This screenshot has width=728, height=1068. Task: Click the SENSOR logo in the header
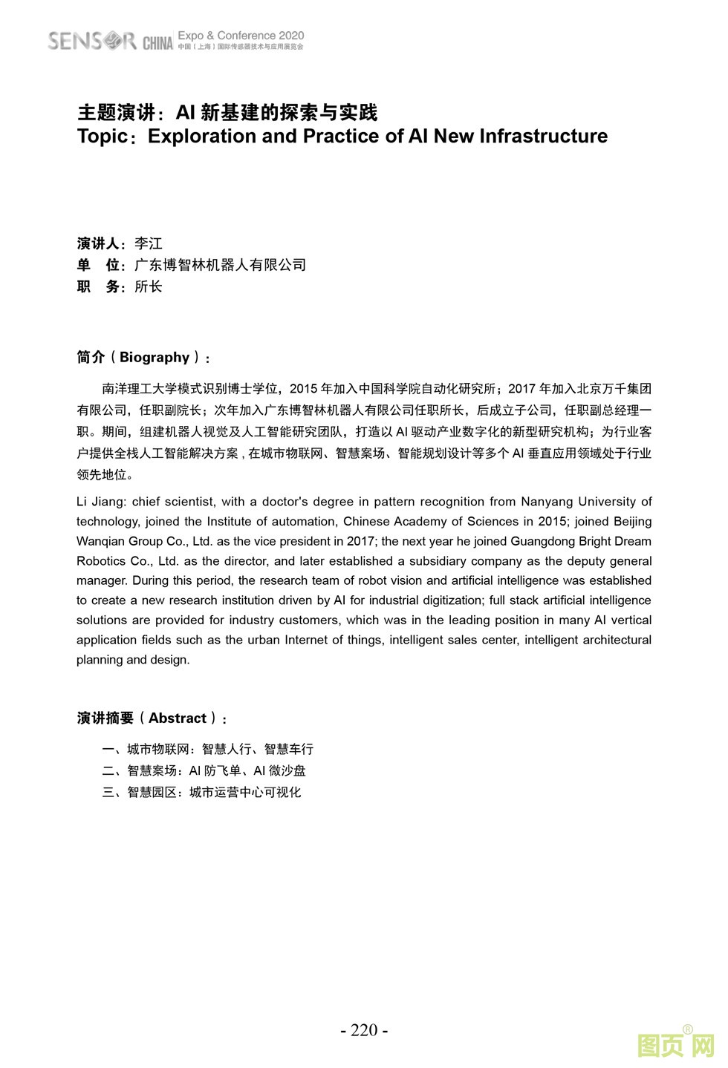coord(92,40)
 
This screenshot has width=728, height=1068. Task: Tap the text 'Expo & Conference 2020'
coord(241,35)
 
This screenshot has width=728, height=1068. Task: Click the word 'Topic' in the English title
coord(102,137)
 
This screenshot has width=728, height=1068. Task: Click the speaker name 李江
coord(149,243)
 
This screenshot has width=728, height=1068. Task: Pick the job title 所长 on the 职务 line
coord(149,286)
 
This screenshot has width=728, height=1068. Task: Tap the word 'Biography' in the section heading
coord(155,357)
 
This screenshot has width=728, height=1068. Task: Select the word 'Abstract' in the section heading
coord(177,718)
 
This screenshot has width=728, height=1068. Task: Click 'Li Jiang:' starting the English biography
coord(101,502)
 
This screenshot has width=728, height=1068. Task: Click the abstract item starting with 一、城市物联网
coord(208,749)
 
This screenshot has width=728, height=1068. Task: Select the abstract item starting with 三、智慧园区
coord(201,792)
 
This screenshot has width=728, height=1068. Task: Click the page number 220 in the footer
coord(364,1030)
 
